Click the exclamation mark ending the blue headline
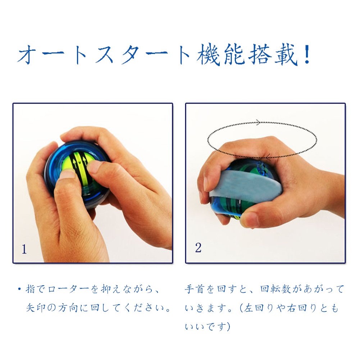(x=306, y=54)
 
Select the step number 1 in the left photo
(x=24, y=249)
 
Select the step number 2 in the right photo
(x=198, y=247)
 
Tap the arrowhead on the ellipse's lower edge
(x=268, y=157)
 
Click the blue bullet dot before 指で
(x=19, y=289)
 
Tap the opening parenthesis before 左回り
(x=241, y=308)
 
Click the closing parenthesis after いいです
(x=228, y=327)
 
